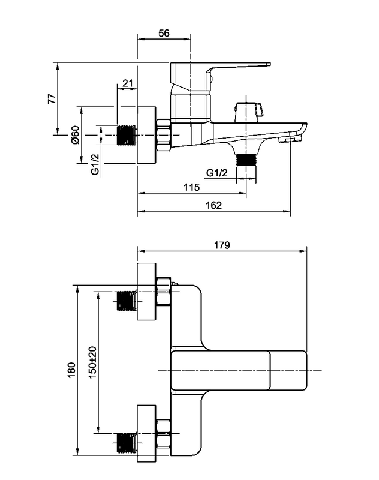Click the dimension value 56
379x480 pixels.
[x=164, y=33]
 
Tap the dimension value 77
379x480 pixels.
[x=52, y=98]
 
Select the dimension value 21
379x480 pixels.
[x=128, y=83]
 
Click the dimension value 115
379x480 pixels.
[x=192, y=187]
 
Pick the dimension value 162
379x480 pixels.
[x=213, y=205]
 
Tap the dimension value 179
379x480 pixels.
[x=222, y=245]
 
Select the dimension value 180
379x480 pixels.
[x=71, y=370]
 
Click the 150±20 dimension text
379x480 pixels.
[x=93, y=362]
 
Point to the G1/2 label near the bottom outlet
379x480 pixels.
[x=217, y=173]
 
